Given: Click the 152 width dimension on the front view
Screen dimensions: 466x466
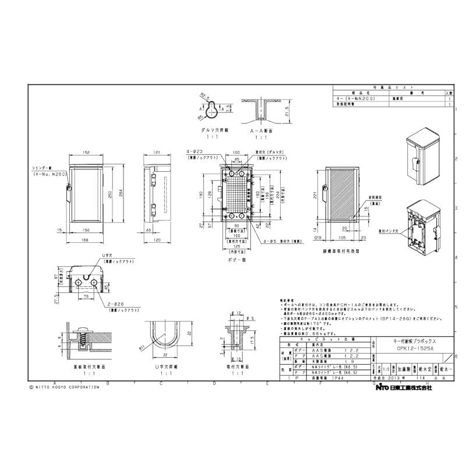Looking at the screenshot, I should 86,153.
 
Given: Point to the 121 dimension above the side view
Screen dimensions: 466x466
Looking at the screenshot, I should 157,153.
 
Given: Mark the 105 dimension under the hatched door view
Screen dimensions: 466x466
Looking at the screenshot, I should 343,238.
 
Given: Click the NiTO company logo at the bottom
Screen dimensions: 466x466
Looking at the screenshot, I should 382,387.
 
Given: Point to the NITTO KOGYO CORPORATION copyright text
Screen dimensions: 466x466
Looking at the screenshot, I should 60,387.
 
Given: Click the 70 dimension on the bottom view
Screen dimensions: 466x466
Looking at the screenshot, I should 86,296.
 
